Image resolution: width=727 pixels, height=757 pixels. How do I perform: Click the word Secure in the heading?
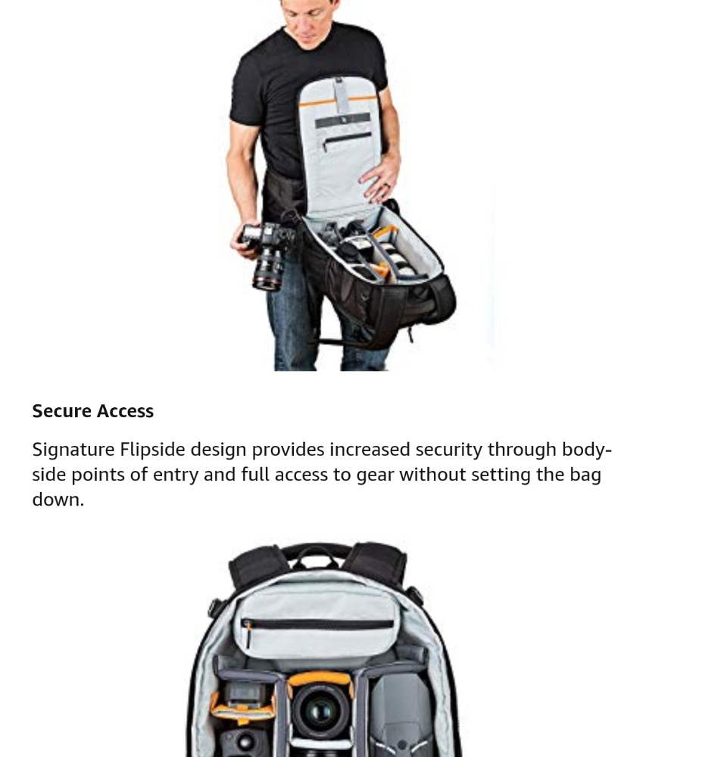62,411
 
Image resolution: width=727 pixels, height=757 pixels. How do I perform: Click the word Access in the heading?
125,411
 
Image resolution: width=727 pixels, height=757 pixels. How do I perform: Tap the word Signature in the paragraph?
73,450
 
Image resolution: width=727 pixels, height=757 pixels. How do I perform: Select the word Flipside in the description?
153,450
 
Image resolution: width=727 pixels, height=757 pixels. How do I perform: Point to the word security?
449,450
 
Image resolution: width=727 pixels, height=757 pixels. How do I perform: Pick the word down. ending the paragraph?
58,499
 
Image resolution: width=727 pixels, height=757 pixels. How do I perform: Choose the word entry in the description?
176,475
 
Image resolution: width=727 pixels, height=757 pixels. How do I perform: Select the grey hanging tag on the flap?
341,95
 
